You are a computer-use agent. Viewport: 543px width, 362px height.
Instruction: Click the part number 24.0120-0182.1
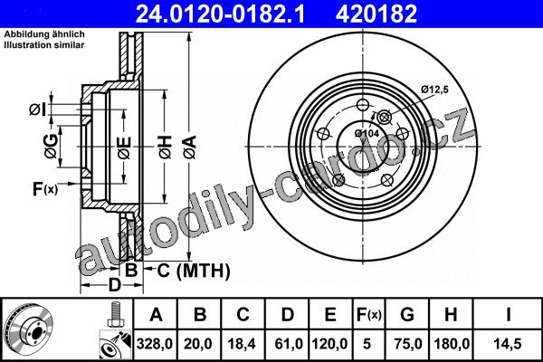pyautogui.click(x=220, y=14)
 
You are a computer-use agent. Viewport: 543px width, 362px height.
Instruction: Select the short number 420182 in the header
pyautogui.click(x=376, y=14)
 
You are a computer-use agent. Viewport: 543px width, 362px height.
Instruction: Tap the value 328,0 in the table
pyautogui.click(x=155, y=344)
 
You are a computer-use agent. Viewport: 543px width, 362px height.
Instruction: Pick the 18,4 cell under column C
pyautogui.click(x=242, y=344)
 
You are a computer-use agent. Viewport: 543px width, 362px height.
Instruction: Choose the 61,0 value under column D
pyautogui.click(x=289, y=344)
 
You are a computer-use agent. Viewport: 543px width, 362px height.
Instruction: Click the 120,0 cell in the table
pyautogui.click(x=329, y=344)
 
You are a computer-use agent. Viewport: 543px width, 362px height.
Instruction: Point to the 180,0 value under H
pyautogui.click(x=452, y=344)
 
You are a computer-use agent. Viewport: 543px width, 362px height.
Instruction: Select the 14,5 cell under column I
pyautogui.click(x=508, y=344)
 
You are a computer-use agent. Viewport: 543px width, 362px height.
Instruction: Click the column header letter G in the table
pyautogui.click(x=407, y=315)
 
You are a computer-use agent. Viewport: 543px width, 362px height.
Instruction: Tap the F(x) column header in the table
pyautogui.click(x=369, y=315)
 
